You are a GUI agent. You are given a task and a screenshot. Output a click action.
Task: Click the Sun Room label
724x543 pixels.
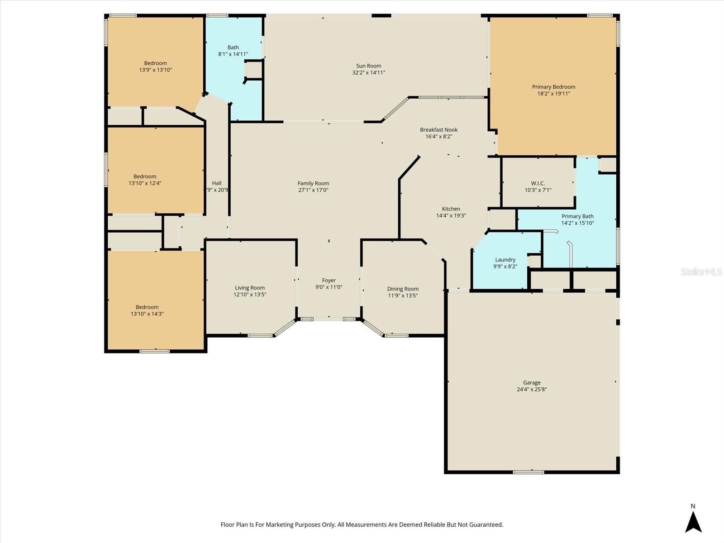pyautogui.click(x=368, y=66)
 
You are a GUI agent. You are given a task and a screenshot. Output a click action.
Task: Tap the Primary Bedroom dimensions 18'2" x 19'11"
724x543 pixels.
pyautogui.click(x=553, y=94)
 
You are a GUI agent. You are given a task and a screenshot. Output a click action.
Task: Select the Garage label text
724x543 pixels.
pyautogui.click(x=532, y=383)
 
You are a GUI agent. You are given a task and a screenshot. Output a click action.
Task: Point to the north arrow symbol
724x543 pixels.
pyautogui.click(x=693, y=522)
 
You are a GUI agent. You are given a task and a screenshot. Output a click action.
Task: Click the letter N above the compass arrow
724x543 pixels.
pyautogui.click(x=693, y=506)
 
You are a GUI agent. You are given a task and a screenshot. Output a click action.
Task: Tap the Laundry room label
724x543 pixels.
pyautogui.click(x=505, y=260)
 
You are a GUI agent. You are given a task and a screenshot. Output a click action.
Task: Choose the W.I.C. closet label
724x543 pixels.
pyautogui.click(x=538, y=183)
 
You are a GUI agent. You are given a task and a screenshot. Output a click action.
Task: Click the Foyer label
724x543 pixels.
pyautogui.click(x=329, y=281)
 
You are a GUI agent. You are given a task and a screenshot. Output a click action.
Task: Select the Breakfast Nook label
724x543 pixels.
pyautogui.click(x=438, y=130)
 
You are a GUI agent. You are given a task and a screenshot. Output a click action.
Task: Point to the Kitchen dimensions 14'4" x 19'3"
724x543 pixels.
pyautogui.click(x=451, y=216)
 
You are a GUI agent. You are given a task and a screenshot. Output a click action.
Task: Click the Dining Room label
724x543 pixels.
pyautogui.click(x=403, y=289)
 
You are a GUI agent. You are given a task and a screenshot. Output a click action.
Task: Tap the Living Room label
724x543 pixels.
pyautogui.click(x=250, y=288)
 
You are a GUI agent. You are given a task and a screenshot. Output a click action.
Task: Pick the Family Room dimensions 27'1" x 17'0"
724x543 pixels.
pyautogui.click(x=313, y=190)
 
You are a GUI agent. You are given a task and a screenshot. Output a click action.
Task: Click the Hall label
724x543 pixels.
pyautogui.click(x=217, y=183)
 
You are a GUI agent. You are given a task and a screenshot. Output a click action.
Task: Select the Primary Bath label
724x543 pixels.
pyautogui.click(x=577, y=216)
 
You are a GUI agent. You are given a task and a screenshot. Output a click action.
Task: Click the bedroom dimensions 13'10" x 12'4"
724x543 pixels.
pyautogui.click(x=145, y=183)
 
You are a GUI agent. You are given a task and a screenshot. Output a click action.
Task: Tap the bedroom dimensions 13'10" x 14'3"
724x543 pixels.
pyautogui.click(x=147, y=314)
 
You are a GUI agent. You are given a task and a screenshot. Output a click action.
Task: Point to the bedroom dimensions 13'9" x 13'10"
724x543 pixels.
pyautogui.click(x=155, y=70)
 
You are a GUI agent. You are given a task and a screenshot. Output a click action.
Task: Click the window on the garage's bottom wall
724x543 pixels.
pyautogui.click(x=529, y=472)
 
